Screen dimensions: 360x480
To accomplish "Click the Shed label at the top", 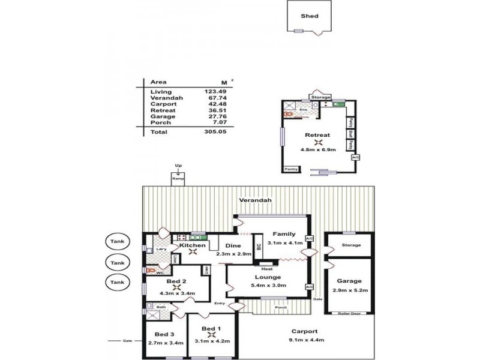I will [309, 16].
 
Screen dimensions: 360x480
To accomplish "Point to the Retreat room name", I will [317, 135].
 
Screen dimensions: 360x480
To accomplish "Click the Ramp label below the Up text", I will [178, 179].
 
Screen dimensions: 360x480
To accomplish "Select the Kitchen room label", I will [193, 245].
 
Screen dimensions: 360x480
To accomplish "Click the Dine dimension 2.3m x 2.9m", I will [233, 254].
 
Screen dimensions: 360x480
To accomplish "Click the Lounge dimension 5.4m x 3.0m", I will [268, 286].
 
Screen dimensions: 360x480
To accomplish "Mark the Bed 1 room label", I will [211, 329].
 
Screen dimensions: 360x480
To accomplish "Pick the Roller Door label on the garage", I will [348, 312].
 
